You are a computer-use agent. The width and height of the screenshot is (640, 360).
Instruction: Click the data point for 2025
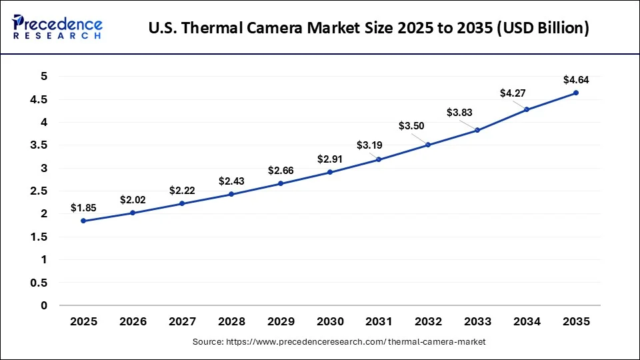83,221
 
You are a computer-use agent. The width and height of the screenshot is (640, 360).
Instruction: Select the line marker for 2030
329,172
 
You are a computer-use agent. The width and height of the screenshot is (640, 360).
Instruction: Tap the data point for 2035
576,93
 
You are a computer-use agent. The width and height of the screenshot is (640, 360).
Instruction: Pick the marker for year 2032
428,145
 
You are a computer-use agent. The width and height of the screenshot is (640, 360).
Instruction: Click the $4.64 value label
576,80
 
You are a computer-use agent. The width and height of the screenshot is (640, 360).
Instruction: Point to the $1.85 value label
83,208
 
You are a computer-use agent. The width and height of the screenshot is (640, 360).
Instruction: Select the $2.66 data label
281,171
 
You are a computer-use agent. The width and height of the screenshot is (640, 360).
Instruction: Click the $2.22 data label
182,191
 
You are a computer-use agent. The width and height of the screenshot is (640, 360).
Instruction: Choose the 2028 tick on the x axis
231,321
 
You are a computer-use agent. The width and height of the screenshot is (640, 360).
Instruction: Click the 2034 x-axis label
527,321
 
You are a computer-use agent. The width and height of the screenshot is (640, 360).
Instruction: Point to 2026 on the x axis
133,321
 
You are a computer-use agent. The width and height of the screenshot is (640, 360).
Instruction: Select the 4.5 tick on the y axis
39,99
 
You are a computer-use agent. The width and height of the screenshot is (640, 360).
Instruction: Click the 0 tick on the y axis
44,305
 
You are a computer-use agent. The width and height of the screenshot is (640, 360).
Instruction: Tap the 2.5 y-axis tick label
39,191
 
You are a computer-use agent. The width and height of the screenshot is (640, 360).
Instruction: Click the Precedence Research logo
57,27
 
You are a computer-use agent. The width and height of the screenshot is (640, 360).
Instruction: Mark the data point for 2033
477,130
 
